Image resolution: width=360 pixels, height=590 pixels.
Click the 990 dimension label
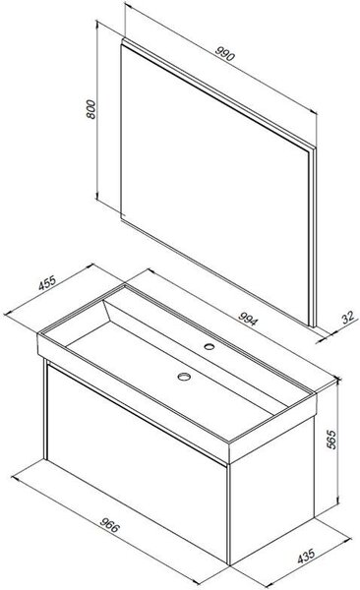[x=225, y=54]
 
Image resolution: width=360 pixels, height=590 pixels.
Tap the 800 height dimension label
[x=91, y=109]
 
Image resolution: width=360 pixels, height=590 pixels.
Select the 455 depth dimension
[x=47, y=282]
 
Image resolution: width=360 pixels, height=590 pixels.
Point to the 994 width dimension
[x=249, y=319]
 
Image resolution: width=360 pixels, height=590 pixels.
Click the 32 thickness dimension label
[x=348, y=318]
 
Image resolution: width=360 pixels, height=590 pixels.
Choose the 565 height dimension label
[x=330, y=439]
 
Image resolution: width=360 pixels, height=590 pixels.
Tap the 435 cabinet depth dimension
[x=306, y=557]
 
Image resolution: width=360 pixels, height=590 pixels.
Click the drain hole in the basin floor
[x=184, y=376]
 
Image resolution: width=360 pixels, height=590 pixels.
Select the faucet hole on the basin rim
[x=210, y=346]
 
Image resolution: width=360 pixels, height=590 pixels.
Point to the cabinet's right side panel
[x=271, y=489]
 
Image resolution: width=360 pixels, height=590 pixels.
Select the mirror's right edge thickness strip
[x=312, y=237]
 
